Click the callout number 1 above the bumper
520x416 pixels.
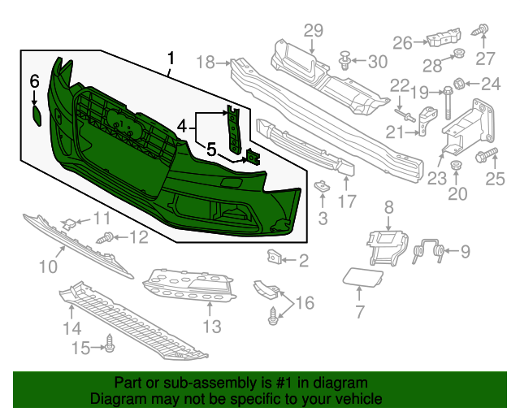point(171,58)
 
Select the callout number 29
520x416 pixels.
point(314,31)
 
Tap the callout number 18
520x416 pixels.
point(206,63)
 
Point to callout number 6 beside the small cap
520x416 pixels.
point(34,80)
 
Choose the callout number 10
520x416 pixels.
point(48,266)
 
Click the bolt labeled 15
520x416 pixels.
point(109,347)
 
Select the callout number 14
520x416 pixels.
point(72,328)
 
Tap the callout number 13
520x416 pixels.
point(211,327)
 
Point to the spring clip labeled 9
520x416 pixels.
point(431,252)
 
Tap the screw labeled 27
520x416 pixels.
point(480,31)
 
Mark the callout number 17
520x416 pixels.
point(347,201)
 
